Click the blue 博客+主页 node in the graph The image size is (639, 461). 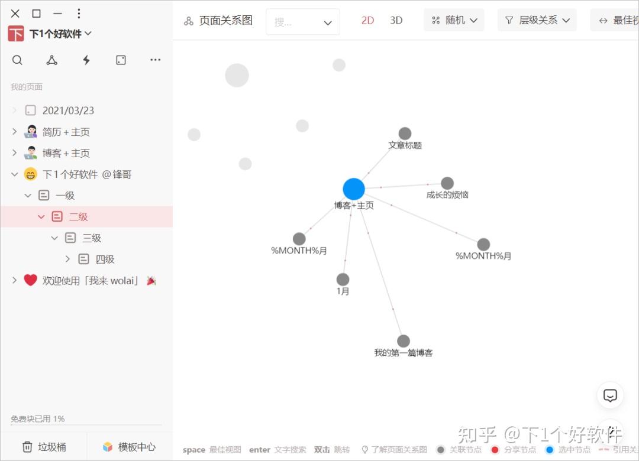[x=354, y=189]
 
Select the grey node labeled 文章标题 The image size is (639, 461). [x=405, y=134]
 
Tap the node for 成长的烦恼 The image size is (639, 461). [x=447, y=183]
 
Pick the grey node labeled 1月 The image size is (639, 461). [x=343, y=280]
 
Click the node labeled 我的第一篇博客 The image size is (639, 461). [x=404, y=341]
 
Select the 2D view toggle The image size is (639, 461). [x=367, y=20]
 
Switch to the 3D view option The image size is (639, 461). [x=396, y=20]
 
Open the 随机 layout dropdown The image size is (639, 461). [x=454, y=20]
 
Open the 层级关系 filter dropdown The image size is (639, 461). [x=537, y=20]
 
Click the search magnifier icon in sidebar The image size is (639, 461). [x=17, y=60]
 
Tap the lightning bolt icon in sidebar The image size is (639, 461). [x=86, y=60]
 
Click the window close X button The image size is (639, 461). [x=15, y=14]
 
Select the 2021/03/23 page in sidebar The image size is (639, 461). [x=68, y=111]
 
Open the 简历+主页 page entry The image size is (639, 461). [x=66, y=132]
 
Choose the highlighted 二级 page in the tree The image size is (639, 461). [x=78, y=217]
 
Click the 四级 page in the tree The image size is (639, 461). [x=105, y=259]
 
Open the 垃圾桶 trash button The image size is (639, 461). [x=44, y=447]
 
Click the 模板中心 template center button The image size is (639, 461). [x=129, y=447]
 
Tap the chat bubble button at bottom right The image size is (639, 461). [x=610, y=395]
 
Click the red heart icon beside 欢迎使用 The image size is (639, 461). [x=31, y=280]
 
